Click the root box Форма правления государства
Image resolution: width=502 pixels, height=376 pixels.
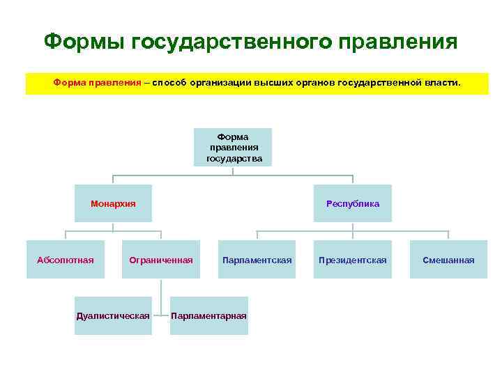(233, 148)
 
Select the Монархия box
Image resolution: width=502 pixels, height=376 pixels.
(113, 204)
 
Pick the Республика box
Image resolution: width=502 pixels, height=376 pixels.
(353, 204)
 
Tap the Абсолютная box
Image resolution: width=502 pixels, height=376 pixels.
(65, 260)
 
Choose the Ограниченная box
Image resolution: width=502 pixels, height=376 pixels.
(161, 260)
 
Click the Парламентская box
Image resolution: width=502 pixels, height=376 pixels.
(257, 260)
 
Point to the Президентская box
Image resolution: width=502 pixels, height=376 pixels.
(353, 260)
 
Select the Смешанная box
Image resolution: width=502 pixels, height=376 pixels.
(448, 260)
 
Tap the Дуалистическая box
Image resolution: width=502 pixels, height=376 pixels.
(113, 315)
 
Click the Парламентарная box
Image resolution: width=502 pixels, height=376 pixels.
(208, 315)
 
